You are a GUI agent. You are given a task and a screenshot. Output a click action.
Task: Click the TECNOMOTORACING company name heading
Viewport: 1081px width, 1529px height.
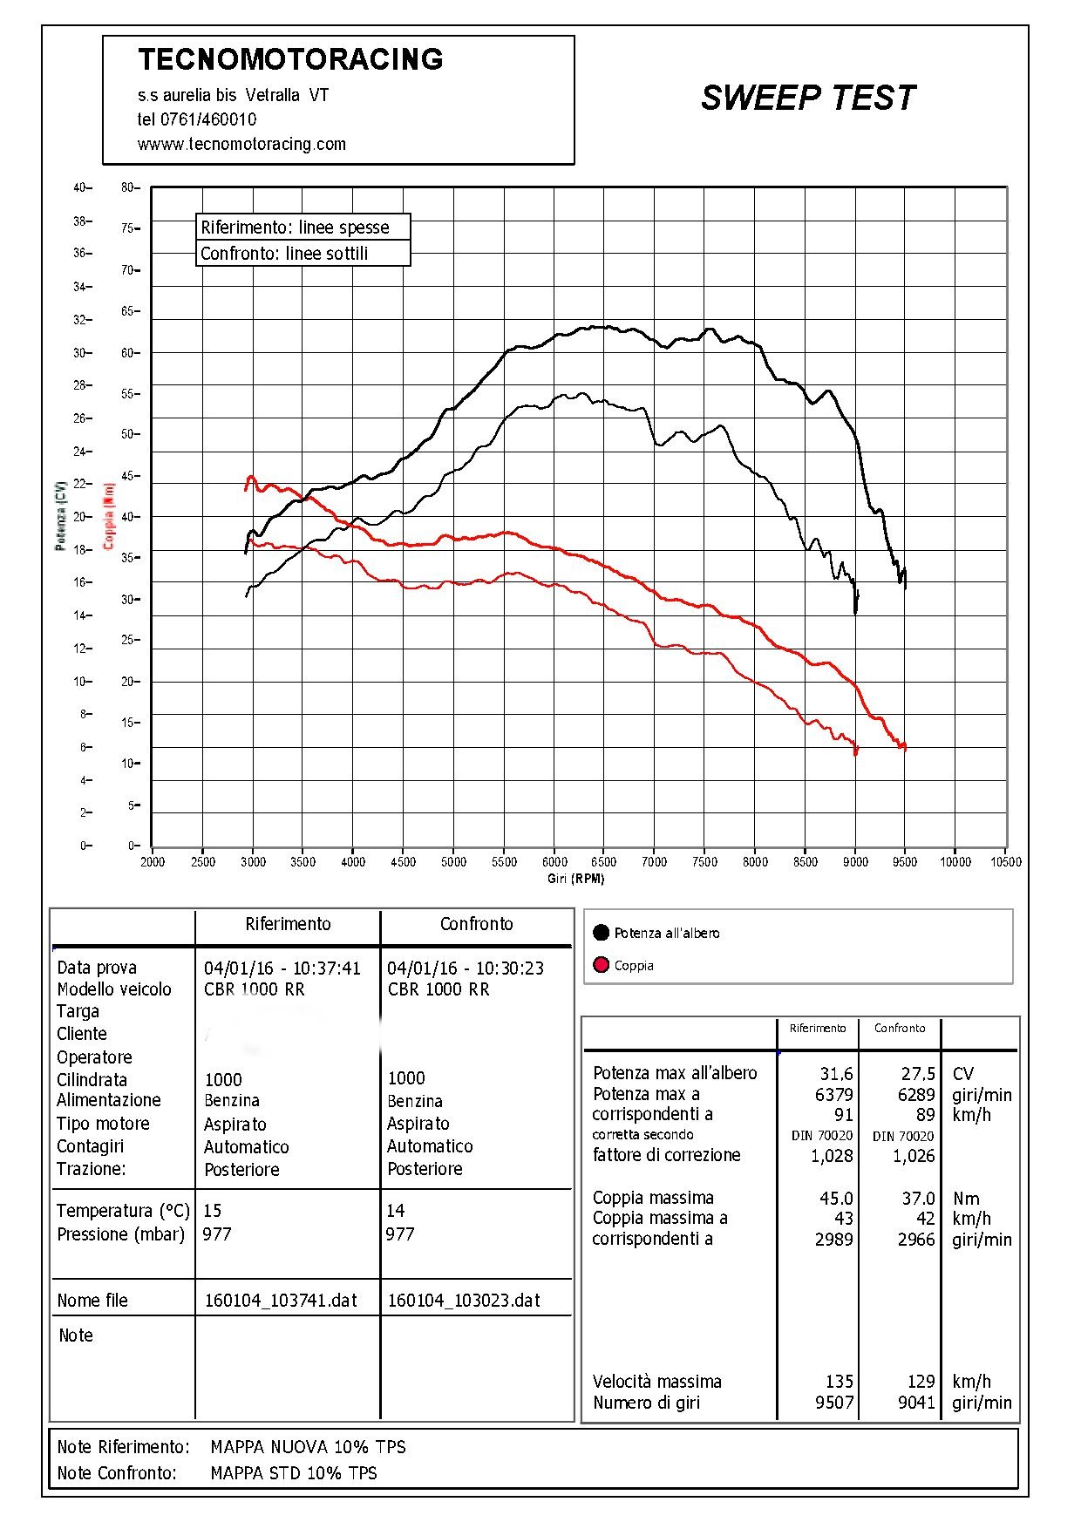[x=290, y=59]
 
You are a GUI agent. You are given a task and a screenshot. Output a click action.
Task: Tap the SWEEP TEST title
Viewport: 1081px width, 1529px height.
[x=807, y=98]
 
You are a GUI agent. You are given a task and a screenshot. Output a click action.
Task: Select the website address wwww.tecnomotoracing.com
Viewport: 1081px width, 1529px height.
[x=241, y=144]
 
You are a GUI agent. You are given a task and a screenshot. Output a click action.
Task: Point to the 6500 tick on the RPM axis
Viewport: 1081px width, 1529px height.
[x=603, y=861]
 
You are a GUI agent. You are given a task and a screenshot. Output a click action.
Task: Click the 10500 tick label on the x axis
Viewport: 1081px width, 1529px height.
[x=1005, y=861]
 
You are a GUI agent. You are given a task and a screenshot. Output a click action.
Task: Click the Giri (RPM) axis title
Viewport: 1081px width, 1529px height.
[x=575, y=879]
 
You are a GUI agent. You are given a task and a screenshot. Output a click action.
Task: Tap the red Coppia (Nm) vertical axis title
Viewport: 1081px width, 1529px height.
[x=109, y=516]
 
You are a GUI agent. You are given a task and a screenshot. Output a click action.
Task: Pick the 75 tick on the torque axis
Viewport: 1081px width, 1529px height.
[x=128, y=228]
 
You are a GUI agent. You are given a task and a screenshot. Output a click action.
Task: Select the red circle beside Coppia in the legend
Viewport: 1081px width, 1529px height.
[x=601, y=965]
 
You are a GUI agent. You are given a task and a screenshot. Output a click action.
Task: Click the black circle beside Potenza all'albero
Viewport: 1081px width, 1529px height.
[x=601, y=933]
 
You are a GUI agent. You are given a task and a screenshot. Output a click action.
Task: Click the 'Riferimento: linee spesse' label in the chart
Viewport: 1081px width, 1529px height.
[x=295, y=228]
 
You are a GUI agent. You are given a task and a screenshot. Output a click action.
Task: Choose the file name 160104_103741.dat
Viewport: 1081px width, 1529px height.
[x=281, y=1301]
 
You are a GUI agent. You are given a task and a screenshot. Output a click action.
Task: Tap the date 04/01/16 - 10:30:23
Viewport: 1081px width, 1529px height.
[x=466, y=968]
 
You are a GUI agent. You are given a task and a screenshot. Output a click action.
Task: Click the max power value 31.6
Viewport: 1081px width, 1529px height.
[x=836, y=1074]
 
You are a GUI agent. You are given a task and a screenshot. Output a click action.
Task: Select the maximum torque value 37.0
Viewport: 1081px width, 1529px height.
[x=918, y=1199]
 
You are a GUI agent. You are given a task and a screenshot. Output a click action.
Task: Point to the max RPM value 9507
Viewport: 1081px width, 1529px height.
[x=834, y=1403]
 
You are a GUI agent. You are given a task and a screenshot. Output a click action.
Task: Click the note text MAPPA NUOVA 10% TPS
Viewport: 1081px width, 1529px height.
[x=309, y=1447]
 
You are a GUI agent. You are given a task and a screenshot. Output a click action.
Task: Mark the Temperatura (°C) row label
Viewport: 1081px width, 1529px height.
[x=123, y=1211]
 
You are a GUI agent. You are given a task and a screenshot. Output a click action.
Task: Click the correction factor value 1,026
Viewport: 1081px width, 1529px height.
[x=914, y=1156]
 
